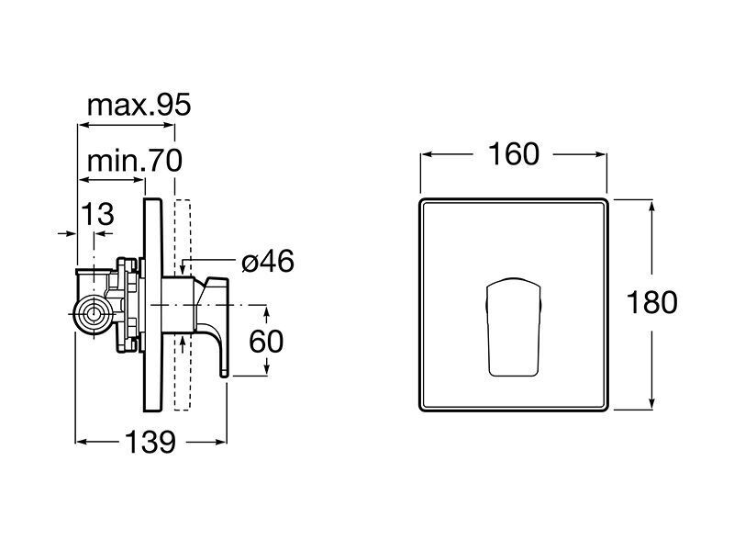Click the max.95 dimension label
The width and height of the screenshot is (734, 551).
pyautogui.click(x=139, y=105)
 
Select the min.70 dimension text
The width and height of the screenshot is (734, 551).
pyautogui.click(x=135, y=161)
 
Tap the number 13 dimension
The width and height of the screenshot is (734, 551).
pyautogui.click(x=98, y=214)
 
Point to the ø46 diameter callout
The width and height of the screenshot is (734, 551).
pyautogui.click(x=268, y=262)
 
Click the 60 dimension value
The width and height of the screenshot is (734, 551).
pyautogui.click(x=266, y=341)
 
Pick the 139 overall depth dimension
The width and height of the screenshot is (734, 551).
pyautogui.click(x=150, y=442)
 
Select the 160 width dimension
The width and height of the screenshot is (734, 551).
pyautogui.click(x=514, y=154)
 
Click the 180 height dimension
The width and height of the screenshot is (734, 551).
pyautogui.click(x=651, y=302)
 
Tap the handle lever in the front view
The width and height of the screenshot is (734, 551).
pyautogui.click(x=514, y=327)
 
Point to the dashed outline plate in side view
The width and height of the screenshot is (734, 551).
pyautogui.click(x=183, y=305)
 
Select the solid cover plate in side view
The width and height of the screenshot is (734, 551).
pyautogui.click(x=152, y=305)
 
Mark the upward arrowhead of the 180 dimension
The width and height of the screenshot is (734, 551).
pyautogui.click(x=651, y=205)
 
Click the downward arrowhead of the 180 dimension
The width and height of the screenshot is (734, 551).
pyautogui.click(x=651, y=404)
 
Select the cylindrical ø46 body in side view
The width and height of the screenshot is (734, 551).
pyautogui.click(x=178, y=305)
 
